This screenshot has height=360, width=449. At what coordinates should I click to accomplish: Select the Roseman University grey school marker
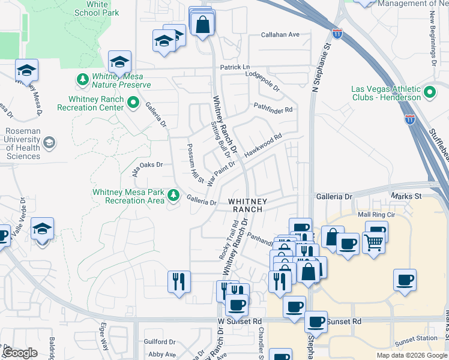coord(49,143)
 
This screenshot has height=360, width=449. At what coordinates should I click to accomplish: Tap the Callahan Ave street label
coord(280,35)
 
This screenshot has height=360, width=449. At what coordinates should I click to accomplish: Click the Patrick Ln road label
coord(234,67)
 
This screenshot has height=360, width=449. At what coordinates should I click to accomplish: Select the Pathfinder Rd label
coord(273,110)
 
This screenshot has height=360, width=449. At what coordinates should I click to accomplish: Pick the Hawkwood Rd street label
coord(263,146)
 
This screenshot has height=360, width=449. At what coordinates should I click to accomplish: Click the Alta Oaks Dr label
coord(148,166)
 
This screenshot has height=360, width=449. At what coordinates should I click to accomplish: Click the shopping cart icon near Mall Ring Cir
coord(373,242)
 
